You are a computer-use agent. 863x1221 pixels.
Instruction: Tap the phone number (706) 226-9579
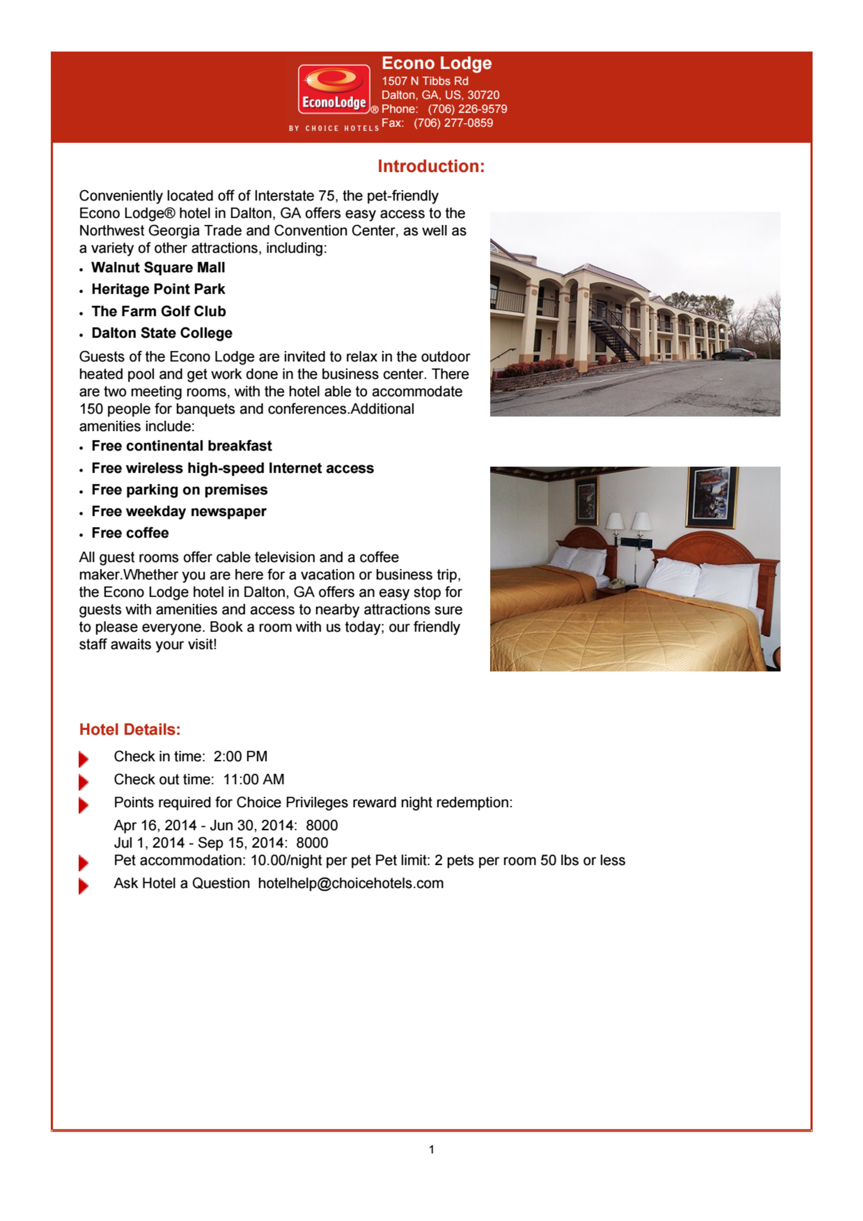point(467,109)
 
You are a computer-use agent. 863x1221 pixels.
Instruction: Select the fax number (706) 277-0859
point(453,123)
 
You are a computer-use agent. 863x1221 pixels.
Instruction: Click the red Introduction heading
point(431,167)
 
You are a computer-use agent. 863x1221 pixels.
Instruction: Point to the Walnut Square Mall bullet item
point(158,268)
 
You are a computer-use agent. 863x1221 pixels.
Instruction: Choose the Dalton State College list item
point(162,333)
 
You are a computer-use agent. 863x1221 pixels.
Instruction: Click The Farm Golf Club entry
point(158,311)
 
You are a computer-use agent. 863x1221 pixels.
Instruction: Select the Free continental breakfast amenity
point(181,446)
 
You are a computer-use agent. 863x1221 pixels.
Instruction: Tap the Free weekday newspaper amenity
point(179,511)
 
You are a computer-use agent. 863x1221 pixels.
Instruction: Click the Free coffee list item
point(130,533)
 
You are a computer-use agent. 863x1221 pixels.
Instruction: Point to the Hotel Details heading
point(130,729)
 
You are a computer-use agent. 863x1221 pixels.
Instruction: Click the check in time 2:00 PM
point(240,756)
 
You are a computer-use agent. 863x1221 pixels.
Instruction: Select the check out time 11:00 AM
point(254,779)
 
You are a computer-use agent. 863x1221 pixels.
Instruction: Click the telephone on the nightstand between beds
point(617,584)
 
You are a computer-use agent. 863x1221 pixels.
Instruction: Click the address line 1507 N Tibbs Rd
point(425,81)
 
